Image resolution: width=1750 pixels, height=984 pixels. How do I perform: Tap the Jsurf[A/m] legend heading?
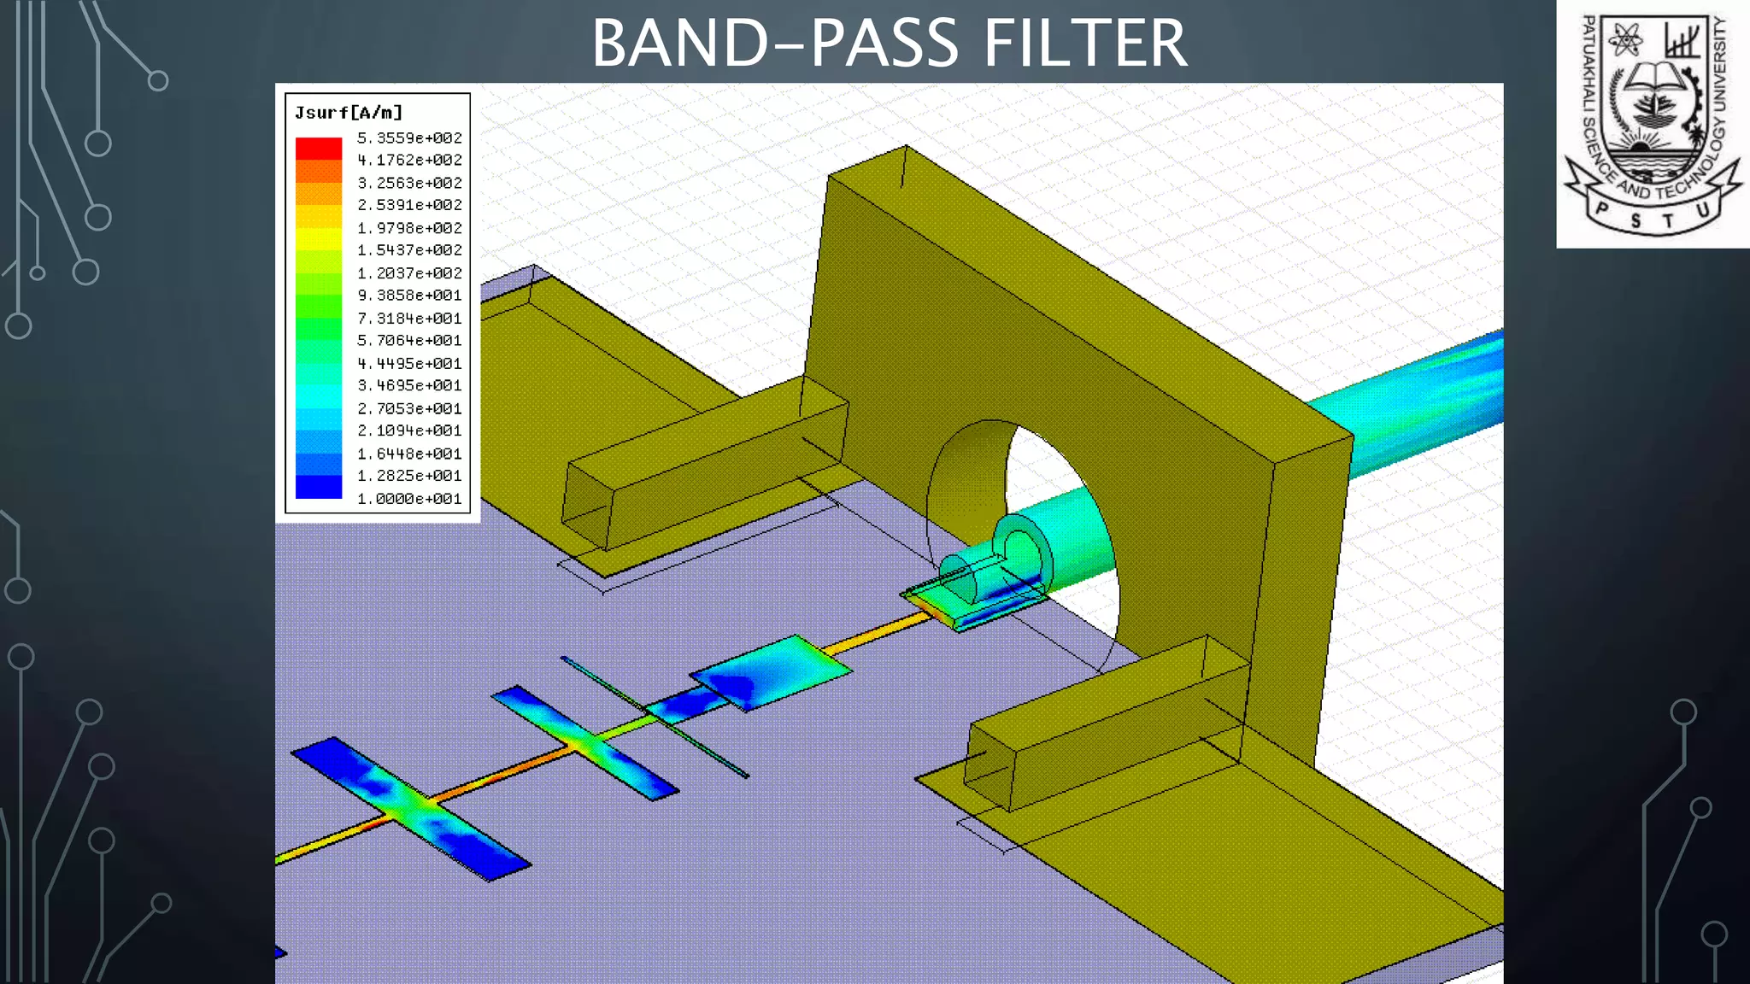tap(348, 113)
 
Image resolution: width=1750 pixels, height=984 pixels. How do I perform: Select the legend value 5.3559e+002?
tap(409, 138)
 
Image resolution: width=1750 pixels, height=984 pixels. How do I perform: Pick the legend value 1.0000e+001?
tap(409, 499)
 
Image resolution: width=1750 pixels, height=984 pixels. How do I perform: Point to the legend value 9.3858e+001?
tap(409, 296)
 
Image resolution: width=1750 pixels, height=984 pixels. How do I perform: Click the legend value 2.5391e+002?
tap(409, 205)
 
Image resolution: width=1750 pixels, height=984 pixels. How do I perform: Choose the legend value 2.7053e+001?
tap(409, 408)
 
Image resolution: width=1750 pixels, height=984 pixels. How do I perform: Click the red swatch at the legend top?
tap(319, 149)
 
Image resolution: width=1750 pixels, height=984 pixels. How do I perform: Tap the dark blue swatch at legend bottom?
tap(319, 487)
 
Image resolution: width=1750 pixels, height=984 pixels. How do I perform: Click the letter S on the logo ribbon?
tap(1635, 220)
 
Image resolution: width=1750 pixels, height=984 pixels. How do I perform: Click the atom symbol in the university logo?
tap(1624, 39)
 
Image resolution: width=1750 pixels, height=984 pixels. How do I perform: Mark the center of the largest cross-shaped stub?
tap(410, 808)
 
